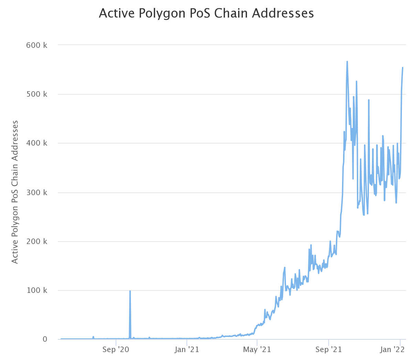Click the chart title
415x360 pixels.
tap(206, 13)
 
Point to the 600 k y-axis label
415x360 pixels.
tap(36, 45)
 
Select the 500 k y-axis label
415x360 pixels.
tap(36, 94)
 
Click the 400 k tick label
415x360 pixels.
tap(36, 143)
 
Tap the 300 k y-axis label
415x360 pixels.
tap(36, 192)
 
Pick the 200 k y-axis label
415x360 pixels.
tap(36, 242)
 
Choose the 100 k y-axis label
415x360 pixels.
tap(36, 290)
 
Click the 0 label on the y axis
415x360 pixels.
tap(45, 339)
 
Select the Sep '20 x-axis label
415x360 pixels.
tap(116, 350)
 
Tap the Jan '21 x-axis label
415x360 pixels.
tap(187, 350)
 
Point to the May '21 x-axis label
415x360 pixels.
tap(257, 350)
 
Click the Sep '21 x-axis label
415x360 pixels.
tap(329, 350)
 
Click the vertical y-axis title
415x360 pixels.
tap(15, 192)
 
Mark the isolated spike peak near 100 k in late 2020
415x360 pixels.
tap(130, 291)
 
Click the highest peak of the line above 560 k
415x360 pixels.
tap(347, 62)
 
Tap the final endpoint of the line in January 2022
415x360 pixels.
tap(403, 68)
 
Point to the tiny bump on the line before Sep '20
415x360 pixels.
tap(93, 337)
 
